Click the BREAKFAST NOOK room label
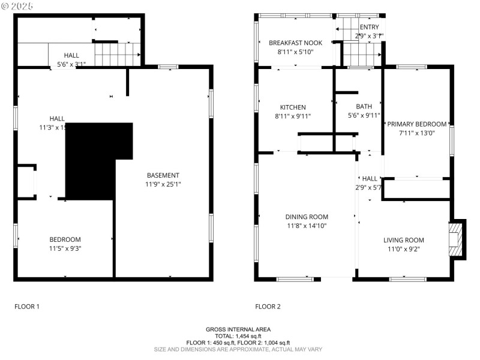[295, 43]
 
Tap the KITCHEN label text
[293, 107]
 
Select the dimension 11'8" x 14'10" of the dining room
[306, 226]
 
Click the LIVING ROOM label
[403, 240]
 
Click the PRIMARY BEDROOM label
[416, 124]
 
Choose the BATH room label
[364, 107]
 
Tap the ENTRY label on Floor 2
[369, 28]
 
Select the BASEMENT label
[163, 175]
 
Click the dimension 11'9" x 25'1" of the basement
[163, 184]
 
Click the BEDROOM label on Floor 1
[65, 239]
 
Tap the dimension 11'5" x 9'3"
[65, 248]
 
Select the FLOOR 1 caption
[27, 307]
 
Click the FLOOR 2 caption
[268, 307]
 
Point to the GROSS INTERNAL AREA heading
[238, 329]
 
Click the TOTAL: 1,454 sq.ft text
[238, 336]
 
